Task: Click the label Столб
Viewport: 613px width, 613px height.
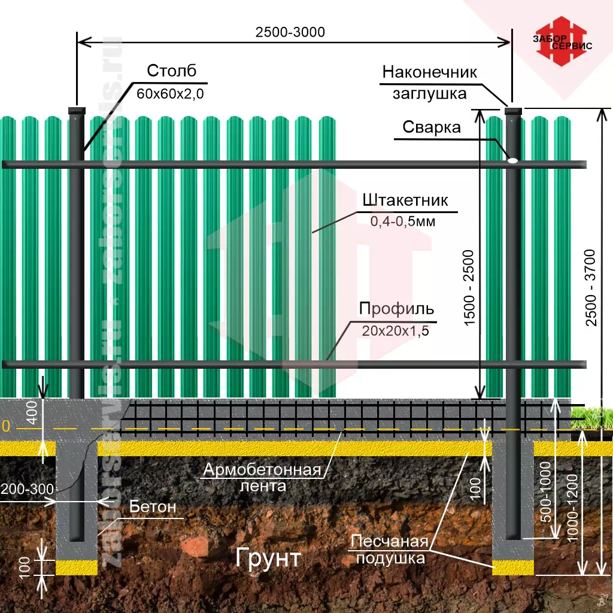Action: click(171, 71)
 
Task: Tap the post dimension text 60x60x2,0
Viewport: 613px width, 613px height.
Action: click(170, 93)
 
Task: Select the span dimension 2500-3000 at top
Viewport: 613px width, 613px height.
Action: click(290, 32)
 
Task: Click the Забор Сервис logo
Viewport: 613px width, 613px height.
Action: click(562, 44)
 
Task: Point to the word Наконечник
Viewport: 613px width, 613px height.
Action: click(429, 72)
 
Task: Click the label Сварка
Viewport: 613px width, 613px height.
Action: click(431, 127)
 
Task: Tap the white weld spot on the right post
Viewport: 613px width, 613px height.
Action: click(513, 160)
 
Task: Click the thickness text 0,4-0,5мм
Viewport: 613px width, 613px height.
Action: click(402, 222)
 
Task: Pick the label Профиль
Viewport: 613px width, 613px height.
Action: click(396, 309)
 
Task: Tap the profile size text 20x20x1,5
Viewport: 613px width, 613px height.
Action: click(395, 330)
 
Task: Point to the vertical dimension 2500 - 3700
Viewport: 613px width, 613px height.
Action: click(591, 287)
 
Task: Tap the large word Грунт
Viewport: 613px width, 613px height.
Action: click(268, 558)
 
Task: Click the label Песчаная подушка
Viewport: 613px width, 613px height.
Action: click(390, 550)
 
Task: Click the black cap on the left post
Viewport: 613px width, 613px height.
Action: click(77, 111)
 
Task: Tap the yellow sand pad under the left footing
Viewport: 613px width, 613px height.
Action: click(77, 567)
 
